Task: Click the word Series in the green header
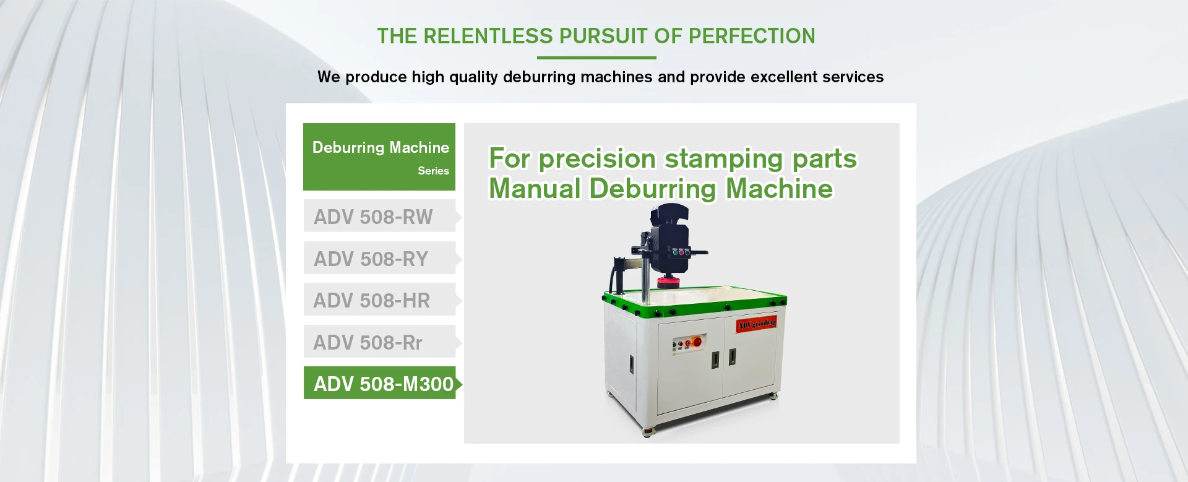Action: point(433,171)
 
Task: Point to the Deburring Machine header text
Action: point(381,147)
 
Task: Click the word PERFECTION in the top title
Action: point(752,36)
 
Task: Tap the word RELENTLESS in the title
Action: point(488,36)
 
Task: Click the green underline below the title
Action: point(596,58)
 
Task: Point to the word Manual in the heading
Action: point(535,189)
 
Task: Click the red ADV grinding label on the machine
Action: point(756,324)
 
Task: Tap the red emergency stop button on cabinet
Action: point(697,342)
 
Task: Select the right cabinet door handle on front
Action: point(733,356)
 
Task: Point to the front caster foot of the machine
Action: point(648,432)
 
